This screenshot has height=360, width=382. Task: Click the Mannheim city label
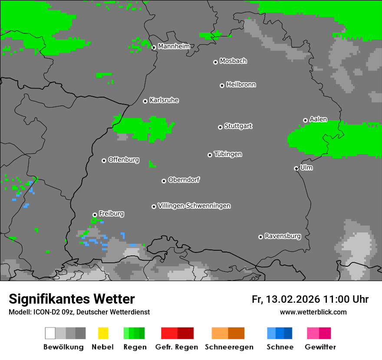[174, 46]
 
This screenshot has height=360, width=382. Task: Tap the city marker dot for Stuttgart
[220, 127]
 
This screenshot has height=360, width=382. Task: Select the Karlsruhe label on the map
[164, 100]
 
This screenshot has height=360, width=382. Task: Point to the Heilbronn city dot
[222, 85]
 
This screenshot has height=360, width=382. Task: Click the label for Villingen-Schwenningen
[194, 206]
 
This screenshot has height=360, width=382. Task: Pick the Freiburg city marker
[95, 215]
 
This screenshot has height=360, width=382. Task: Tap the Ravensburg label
[283, 236]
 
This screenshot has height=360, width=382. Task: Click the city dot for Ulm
[296, 168]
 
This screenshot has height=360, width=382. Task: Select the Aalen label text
[318, 119]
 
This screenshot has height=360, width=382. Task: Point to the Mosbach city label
[233, 61]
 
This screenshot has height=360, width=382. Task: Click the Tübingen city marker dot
[210, 155]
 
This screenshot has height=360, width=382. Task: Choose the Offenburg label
[123, 160]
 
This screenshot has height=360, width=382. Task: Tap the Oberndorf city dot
[164, 181]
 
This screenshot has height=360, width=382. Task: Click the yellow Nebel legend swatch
[103, 333]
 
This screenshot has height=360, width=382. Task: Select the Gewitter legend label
[320, 347]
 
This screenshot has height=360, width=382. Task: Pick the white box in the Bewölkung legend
[50, 333]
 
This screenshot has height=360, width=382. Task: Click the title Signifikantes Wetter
[72, 299]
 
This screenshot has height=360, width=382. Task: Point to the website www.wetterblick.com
[313, 312]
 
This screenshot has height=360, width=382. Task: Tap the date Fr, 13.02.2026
[286, 299]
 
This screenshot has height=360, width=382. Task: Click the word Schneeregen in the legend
[229, 347]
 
